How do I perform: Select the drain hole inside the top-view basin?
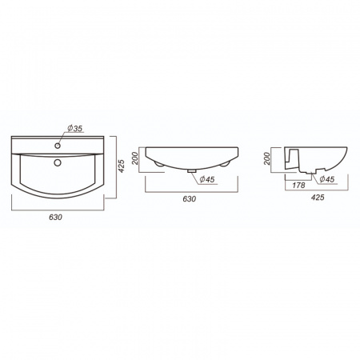(x=57, y=163)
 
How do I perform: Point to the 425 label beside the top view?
(x=122, y=166)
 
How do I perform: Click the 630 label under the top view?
(x=55, y=216)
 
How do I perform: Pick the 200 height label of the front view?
(x=136, y=158)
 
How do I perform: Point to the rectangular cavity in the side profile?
(x=292, y=158)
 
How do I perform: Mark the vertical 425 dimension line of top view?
(x=117, y=166)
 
